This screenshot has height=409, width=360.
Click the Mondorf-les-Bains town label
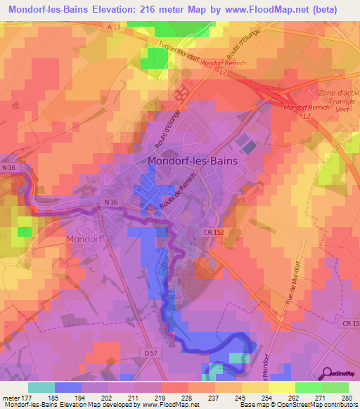click(x=193, y=161)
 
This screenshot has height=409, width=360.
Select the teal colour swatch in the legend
click(x=41, y=387)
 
